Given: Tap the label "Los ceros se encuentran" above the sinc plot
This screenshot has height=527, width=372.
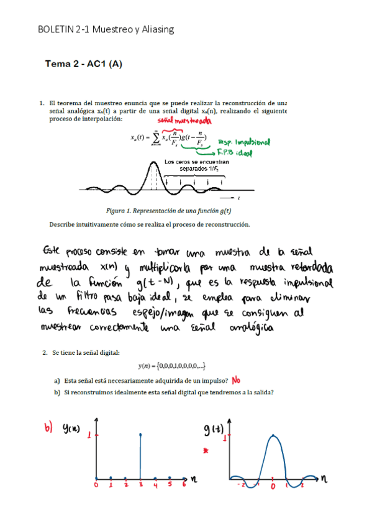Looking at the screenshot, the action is (194, 162).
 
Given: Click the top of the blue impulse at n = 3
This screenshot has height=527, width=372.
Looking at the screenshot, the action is (140, 434).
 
